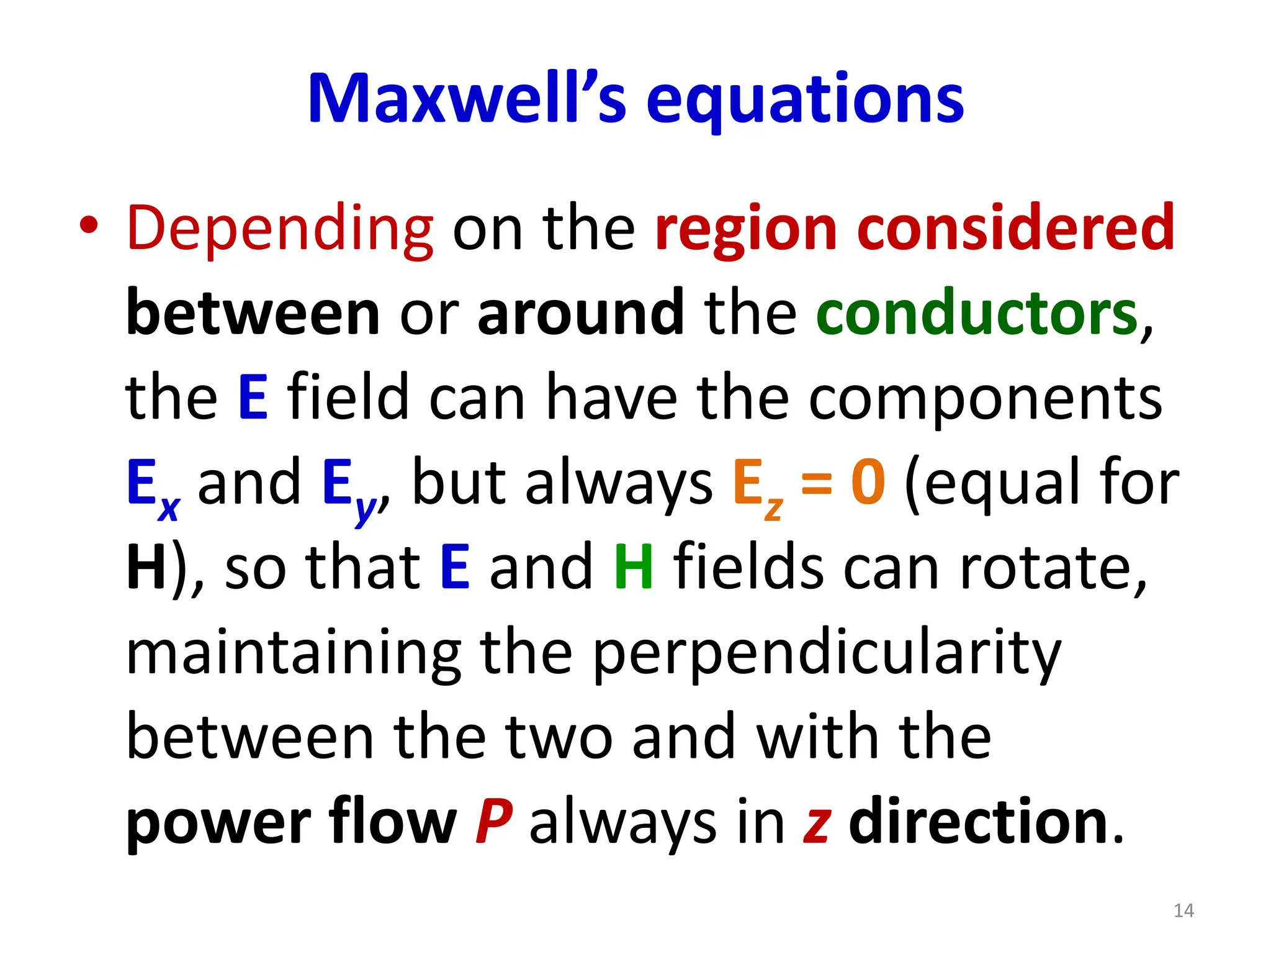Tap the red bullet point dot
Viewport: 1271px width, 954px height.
click(89, 225)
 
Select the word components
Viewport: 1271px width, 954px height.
click(985, 399)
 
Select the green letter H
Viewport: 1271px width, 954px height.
click(634, 567)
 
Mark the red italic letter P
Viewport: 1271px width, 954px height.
click(494, 821)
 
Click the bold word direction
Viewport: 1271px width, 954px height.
click(979, 821)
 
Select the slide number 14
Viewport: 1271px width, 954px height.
click(1183, 911)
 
